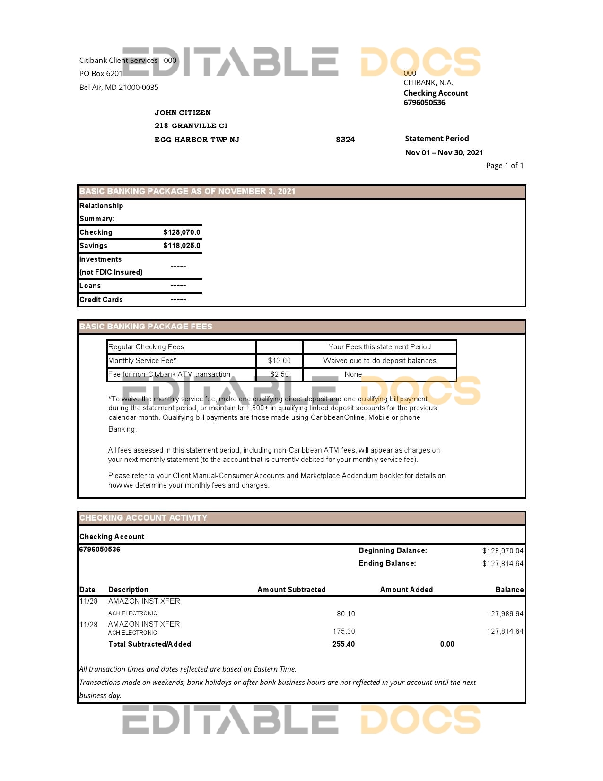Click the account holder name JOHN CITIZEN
[183, 113]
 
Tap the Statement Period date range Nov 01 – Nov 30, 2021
[444, 152]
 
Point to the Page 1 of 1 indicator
[504, 166]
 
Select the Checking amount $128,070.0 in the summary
[182, 232]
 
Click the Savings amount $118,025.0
[182, 246]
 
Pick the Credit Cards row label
[101, 300]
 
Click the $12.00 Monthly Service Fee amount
[279, 361]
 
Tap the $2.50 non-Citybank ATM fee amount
[279, 374]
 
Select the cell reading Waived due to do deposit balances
[379, 361]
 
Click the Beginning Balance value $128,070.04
[502, 551]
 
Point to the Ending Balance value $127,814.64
[502, 564]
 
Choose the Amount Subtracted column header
[291, 590]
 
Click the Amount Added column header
[406, 590]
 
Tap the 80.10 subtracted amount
[346, 614]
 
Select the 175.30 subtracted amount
[344, 631]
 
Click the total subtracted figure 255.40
[343, 644]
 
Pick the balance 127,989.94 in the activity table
[505, 614]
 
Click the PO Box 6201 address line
[101, 74]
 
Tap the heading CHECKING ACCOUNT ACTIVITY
[143, 518]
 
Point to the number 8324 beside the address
[345, 140]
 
